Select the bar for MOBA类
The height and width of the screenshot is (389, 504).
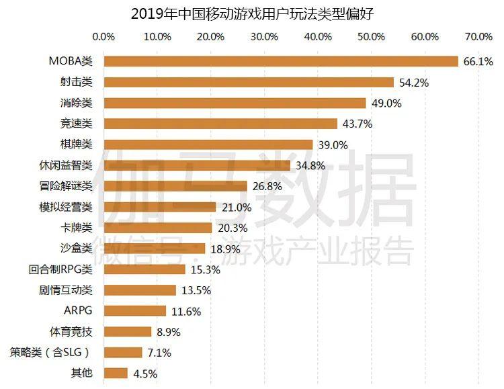281,61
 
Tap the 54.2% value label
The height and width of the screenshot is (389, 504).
413,83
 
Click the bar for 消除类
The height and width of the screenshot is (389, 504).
235,103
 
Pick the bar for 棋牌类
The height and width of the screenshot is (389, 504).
208,144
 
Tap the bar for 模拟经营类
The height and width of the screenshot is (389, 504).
160,207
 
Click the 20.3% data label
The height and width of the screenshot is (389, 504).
233,228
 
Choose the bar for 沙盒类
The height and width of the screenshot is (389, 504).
154,249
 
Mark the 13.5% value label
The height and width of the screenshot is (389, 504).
196,290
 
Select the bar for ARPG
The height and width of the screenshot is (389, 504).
134,310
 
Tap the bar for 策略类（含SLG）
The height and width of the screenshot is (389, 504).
123,352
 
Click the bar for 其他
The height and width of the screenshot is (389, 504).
116,373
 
